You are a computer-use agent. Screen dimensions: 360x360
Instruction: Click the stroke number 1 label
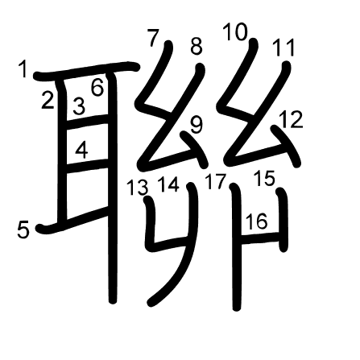pyautogui.click(x=23, y=68)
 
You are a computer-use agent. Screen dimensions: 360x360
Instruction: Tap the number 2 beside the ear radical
pyautogui.click(x=48, y=100)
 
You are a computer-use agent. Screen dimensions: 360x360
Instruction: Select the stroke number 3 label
pyautogui.click(x=79, y=106)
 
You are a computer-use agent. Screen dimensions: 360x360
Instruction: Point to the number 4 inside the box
pyautogui.click(x=81, y=151)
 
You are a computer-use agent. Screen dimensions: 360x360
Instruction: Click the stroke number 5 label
pyautogui.click(x=23, y=230)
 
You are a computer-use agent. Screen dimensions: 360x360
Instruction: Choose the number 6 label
pyautogui.click(x=97, y=88)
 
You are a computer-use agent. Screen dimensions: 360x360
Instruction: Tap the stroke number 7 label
pyautogui.click(x=153, y=39)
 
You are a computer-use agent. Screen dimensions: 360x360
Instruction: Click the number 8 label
pyautogui.click(x=197, y=47)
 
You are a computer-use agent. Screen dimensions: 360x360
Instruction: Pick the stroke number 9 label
pyautogui.click(x=197, y=125)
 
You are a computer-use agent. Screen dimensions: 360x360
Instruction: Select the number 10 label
pyautogui.click(x=235, y=32)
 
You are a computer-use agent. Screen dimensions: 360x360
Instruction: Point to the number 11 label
pyautogui.click(x=283, y=48)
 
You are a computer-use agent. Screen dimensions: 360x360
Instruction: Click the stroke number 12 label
pyautogui.click(x=291, y=119)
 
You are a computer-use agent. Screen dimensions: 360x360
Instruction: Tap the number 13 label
pyautogui.click(x=137, y=187)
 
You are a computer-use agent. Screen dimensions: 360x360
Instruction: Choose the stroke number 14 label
pyautogui.click(x=168, y=184)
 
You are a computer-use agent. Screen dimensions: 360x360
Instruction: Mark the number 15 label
pyautogui.click(x=264, y=178)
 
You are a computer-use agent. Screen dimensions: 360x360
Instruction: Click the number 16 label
pyautogui.click(x=257, y=221)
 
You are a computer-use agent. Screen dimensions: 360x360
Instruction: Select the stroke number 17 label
pyautogui.click(x=215, y=181)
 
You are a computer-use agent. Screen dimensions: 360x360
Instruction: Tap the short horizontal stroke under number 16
pyautogui.click(x=260, y=238)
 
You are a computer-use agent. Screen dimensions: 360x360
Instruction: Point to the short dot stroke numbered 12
pyautogui.click(x=286, y=146)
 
